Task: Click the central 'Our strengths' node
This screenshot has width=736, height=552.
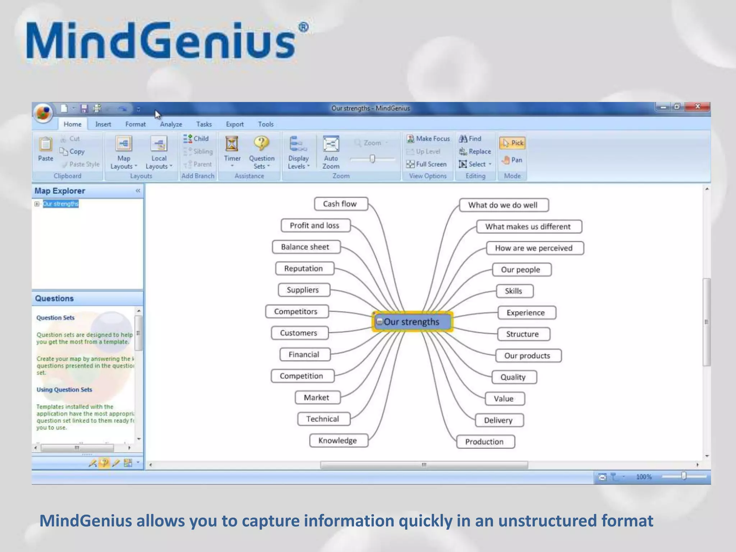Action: pos(412,321)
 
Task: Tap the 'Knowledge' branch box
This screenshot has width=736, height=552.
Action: pos(338,440)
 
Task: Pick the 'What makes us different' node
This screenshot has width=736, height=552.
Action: pos(528,226)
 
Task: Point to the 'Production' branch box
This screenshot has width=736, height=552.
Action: pos(485,442)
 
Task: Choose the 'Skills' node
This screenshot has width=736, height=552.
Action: pos(514,291)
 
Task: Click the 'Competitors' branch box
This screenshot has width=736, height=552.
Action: pos(296,311)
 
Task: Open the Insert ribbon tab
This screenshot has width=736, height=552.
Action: pos(103,124)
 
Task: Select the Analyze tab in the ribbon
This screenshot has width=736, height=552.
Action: pos(171,124)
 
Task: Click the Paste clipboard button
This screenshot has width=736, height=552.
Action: pos(46,149)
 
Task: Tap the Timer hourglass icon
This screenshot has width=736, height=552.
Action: pos(232,143)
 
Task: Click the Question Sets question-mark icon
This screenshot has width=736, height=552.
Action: pos(261,143)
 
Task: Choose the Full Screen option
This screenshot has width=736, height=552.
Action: pos(427,164)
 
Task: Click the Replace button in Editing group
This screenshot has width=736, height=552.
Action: pos(475,151)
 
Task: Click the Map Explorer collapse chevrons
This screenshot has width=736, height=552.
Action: pos(138,190)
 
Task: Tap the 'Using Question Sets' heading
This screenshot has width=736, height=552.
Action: pos(64,390)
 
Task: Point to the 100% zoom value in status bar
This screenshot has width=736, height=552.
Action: pos(644,477)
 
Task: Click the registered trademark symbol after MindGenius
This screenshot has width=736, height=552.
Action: pos(303,27)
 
